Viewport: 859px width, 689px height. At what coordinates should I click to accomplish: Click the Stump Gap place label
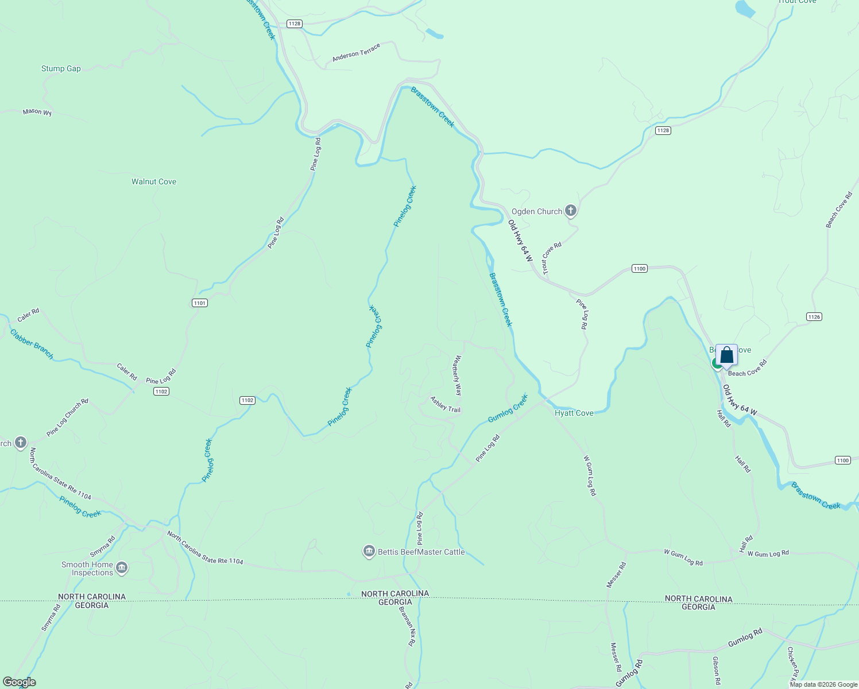(61, 69)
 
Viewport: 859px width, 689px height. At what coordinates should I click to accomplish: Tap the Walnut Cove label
(154, 182)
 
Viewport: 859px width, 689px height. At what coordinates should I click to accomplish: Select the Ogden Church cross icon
(571, 211)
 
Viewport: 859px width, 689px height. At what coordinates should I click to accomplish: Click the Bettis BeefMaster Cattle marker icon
(369, 552)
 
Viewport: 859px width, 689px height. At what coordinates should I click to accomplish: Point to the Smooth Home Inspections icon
(122, 568)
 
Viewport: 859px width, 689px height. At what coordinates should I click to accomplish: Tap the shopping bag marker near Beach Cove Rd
(726, 355)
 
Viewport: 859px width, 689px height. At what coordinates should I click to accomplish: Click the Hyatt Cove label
(574, 413)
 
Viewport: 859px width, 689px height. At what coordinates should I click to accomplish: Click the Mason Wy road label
(37, 112)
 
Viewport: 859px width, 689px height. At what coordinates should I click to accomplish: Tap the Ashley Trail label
(446, 404)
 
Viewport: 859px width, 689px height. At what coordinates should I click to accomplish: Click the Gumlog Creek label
(508, 408)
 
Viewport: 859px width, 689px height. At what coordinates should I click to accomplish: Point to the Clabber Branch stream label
(32, 344)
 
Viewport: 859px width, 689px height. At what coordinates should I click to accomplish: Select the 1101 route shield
(199, 303)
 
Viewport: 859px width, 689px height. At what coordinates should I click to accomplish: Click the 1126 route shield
(814, 317)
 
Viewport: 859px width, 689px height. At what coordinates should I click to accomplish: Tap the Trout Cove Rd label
(552, 258)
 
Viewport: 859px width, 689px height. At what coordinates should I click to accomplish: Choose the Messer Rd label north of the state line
(617, 575)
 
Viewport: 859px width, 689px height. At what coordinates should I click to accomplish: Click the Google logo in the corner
(20, 682)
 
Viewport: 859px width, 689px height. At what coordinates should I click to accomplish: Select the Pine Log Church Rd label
(68, 417)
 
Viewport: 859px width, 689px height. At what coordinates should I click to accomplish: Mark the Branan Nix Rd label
(407, 625)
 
